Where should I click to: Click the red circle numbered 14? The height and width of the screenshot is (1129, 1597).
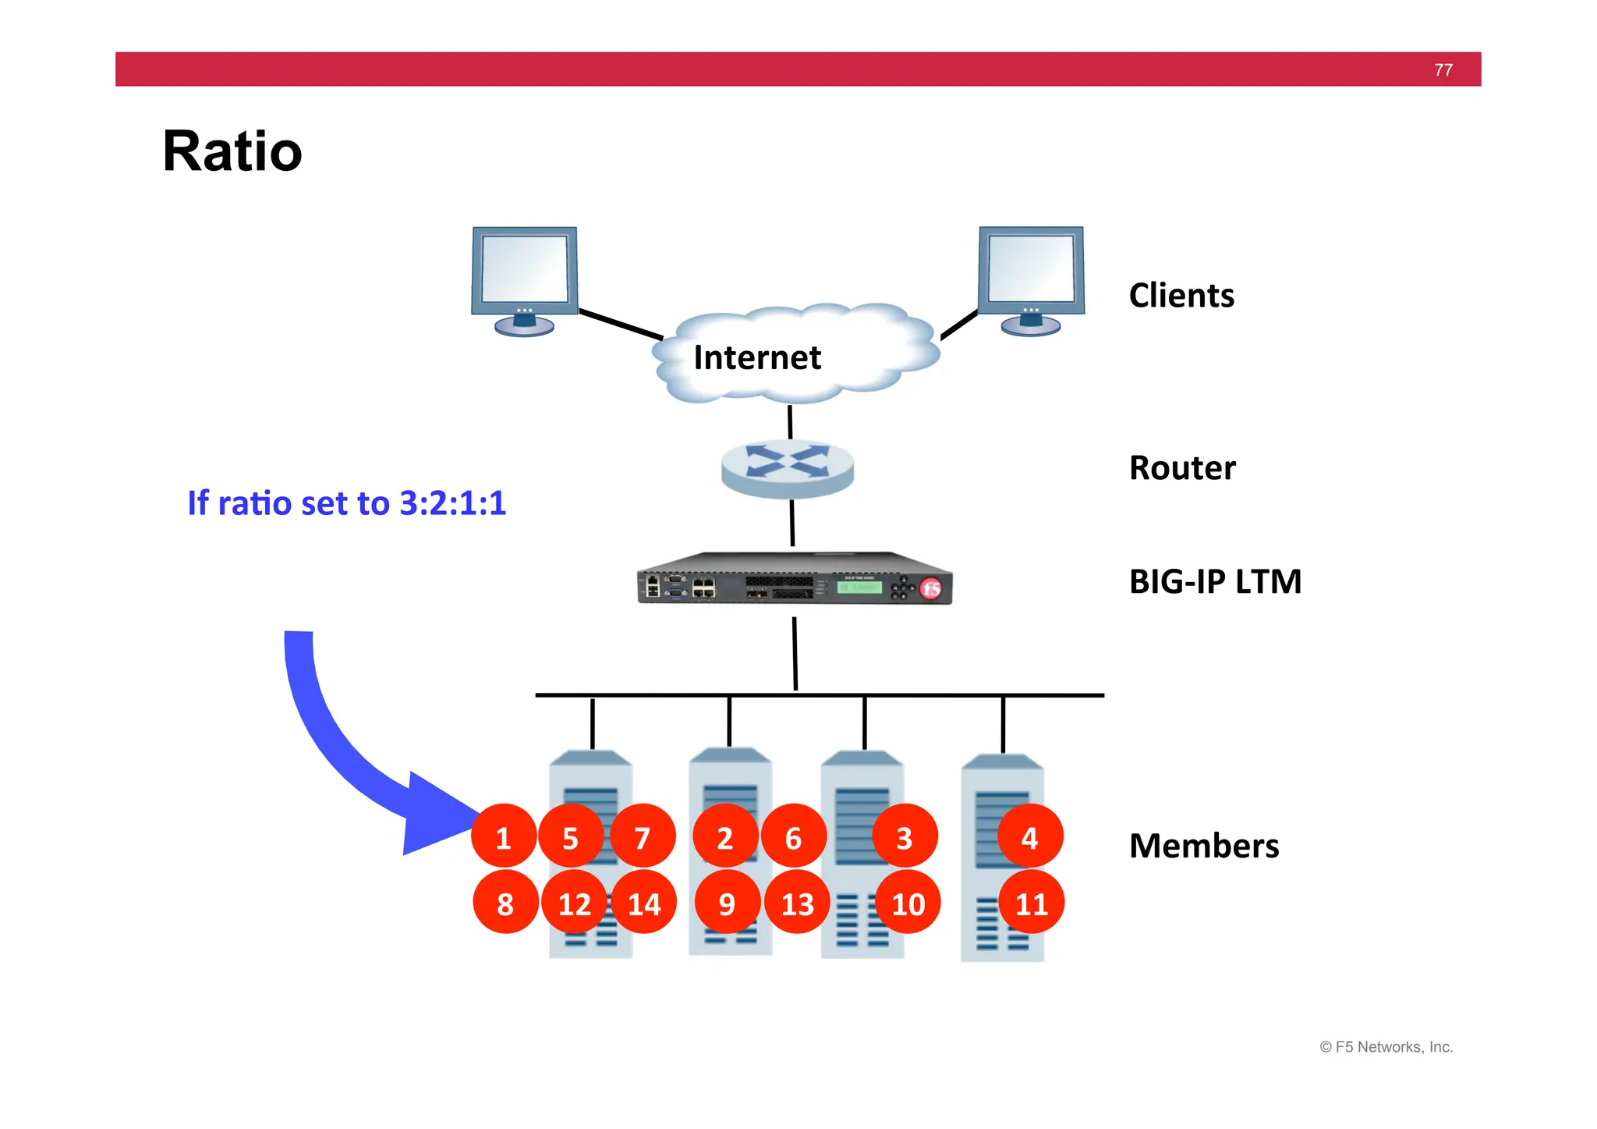coord(643,904)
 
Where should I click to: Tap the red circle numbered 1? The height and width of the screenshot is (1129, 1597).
coord(503,837)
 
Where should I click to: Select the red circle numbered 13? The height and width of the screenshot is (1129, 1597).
coord(797,904)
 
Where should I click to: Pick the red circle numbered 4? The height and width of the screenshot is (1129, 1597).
coord(1029,837)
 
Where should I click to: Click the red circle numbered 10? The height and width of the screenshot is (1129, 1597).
coord(908,904)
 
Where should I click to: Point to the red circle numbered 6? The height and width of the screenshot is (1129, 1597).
coord(793,837)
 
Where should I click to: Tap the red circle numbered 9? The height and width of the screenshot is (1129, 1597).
coord(727,904)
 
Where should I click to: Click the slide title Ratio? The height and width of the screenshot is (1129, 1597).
coord(232,151)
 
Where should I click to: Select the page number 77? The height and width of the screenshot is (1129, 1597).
coord(1443,70)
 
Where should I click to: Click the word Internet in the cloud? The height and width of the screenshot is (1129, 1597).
coord(756,357)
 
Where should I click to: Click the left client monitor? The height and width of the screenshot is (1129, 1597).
coord(524,277)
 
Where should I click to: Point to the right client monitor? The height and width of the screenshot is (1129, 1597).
coord(1031,277)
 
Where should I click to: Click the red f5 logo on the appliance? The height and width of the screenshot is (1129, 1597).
coord(931,588)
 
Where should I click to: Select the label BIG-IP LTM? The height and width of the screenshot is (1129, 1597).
coord(1215,581)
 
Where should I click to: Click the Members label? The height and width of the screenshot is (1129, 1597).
coord(1203,846)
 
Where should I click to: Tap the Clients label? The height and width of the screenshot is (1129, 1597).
coord(1181,296)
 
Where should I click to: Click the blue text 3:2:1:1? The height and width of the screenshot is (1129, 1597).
coord(452,503)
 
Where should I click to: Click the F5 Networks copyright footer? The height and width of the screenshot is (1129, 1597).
coord(1386,1047)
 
